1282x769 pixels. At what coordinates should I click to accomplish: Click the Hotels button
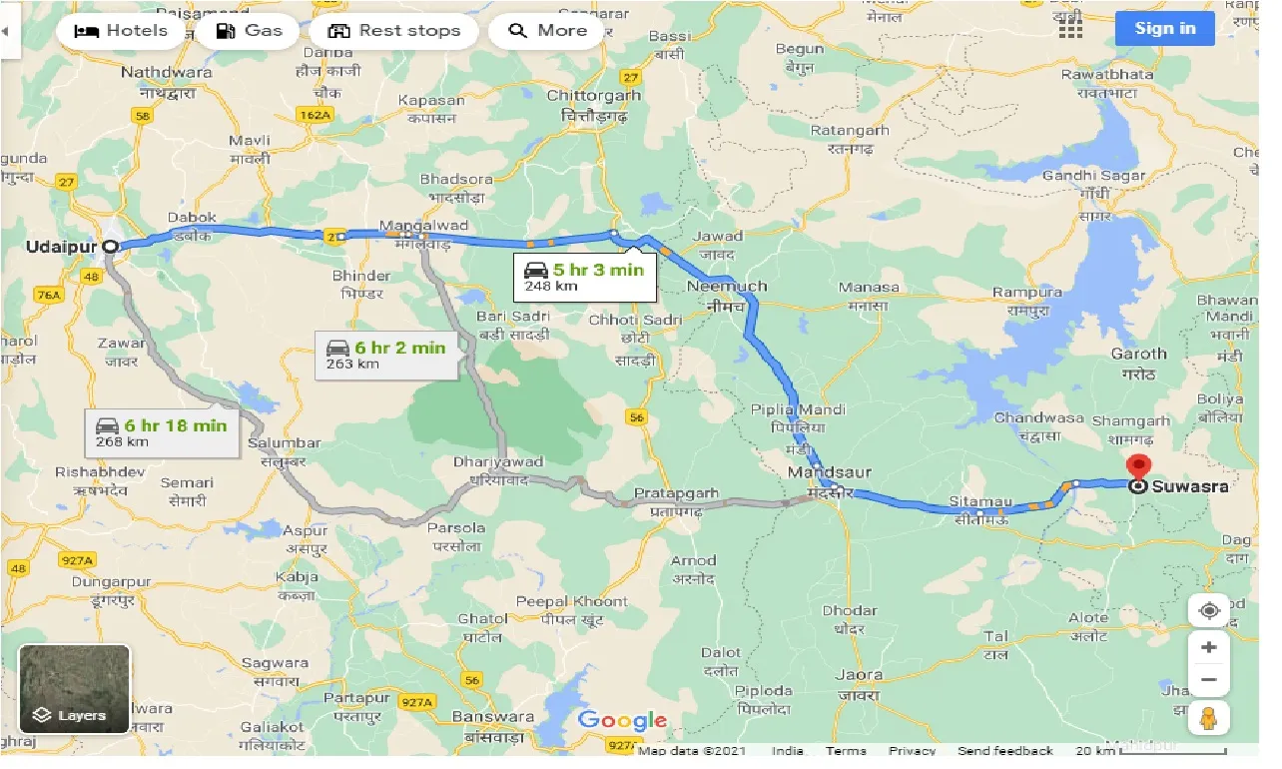pos(122,31)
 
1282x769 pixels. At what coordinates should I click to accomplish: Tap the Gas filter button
pos(249,31)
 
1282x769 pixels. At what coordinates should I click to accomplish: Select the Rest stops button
pos(394,31)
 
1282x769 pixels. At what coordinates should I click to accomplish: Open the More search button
pos(547,31)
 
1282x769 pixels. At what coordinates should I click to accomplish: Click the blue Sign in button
pos(1164,28)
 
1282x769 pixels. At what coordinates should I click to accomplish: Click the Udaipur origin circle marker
pos(111,246)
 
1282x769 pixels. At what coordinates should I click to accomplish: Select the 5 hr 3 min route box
pos(585,278)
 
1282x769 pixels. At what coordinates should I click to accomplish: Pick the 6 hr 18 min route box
pos(161,432)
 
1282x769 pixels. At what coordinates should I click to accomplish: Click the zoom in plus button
pos(1208,647)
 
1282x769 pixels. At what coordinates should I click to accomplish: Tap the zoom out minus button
pos(1208,680)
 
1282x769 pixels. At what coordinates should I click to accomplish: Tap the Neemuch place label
pos(728,287)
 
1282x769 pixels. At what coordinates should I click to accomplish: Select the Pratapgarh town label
pos(676,493)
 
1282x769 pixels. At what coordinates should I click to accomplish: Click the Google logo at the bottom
pos(621,720)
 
